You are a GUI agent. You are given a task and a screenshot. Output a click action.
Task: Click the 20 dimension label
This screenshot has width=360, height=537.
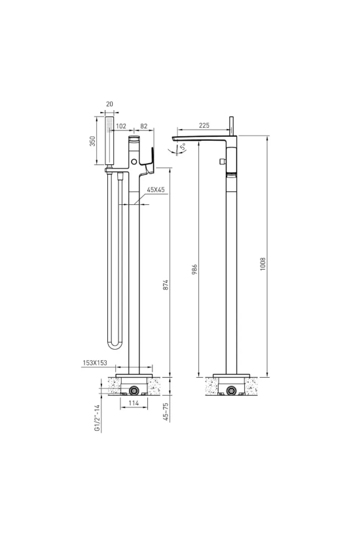coord(109,104)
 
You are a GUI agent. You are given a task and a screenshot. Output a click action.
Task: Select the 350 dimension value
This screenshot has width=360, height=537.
coord(92,141)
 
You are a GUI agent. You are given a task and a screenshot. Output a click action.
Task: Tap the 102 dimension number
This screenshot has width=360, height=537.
coord(121,126)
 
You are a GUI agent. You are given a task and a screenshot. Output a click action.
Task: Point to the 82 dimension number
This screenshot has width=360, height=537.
coord(144,126)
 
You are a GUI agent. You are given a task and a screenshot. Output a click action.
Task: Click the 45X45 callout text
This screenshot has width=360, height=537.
coord(156,190)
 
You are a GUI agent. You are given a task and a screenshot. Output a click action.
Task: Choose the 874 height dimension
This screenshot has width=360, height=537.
coord(166,286)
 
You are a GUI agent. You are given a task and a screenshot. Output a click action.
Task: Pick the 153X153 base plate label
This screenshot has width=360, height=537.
coord(95,363)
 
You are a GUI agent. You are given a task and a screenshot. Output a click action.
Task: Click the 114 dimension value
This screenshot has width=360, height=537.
coord(134,403)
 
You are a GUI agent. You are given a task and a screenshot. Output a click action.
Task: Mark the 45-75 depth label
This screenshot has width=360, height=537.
coord(166,412)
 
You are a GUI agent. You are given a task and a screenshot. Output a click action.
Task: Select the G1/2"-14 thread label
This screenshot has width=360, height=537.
coord(98,418)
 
